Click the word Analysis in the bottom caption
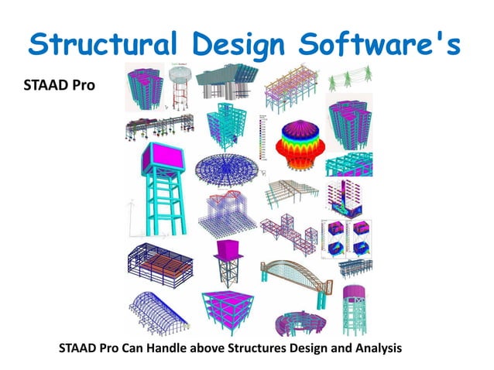tap(376, 348)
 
